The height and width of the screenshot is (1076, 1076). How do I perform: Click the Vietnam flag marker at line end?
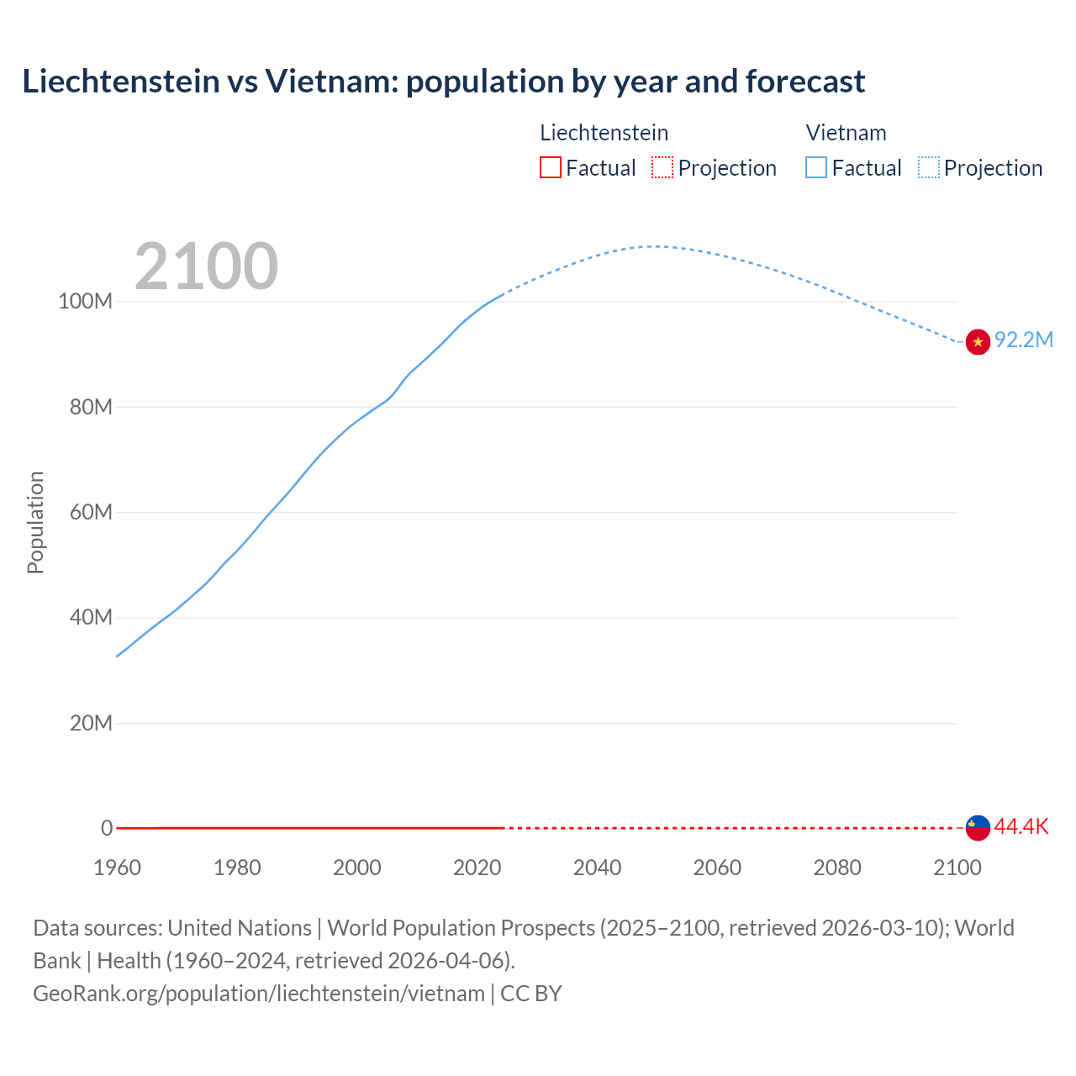click(x=978, y=342)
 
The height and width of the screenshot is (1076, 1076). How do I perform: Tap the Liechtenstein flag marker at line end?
click(x=978, y=827)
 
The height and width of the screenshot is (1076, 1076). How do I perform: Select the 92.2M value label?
click(x=1023, y=340)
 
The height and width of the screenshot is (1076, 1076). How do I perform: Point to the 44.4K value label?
click(x=1021, y=826)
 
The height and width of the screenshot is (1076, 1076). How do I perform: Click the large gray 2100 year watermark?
click(x=206, y=266)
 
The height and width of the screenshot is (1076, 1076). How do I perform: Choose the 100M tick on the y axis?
click(x=85, y=302)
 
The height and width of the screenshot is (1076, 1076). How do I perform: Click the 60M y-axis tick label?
click(x=90, y=512)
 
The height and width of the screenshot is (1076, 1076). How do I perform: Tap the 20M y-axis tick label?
click(x=90, y=723)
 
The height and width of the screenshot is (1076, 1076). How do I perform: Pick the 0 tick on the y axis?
click(x=106, y=828)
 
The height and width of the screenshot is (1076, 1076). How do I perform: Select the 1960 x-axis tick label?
click(x=117, y=868)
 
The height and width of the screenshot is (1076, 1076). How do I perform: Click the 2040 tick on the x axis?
click(x=597, y=868)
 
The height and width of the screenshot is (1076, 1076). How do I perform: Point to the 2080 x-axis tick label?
click(x=837, y=868)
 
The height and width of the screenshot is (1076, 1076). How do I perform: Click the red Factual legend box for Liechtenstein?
click(x=551, y=167)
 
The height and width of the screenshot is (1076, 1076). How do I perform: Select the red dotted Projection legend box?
click(x=662, y=167)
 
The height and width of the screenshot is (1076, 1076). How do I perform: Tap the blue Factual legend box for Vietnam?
click(x=816, y=167)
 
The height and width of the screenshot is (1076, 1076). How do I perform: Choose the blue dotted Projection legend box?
click(x=929, y=167)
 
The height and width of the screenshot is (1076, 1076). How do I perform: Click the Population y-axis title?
click(x=35, y=522)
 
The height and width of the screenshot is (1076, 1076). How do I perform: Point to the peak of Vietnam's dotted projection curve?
click(x=654, y=246)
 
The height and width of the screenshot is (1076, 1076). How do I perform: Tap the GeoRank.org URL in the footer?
click(x=259, y=993)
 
